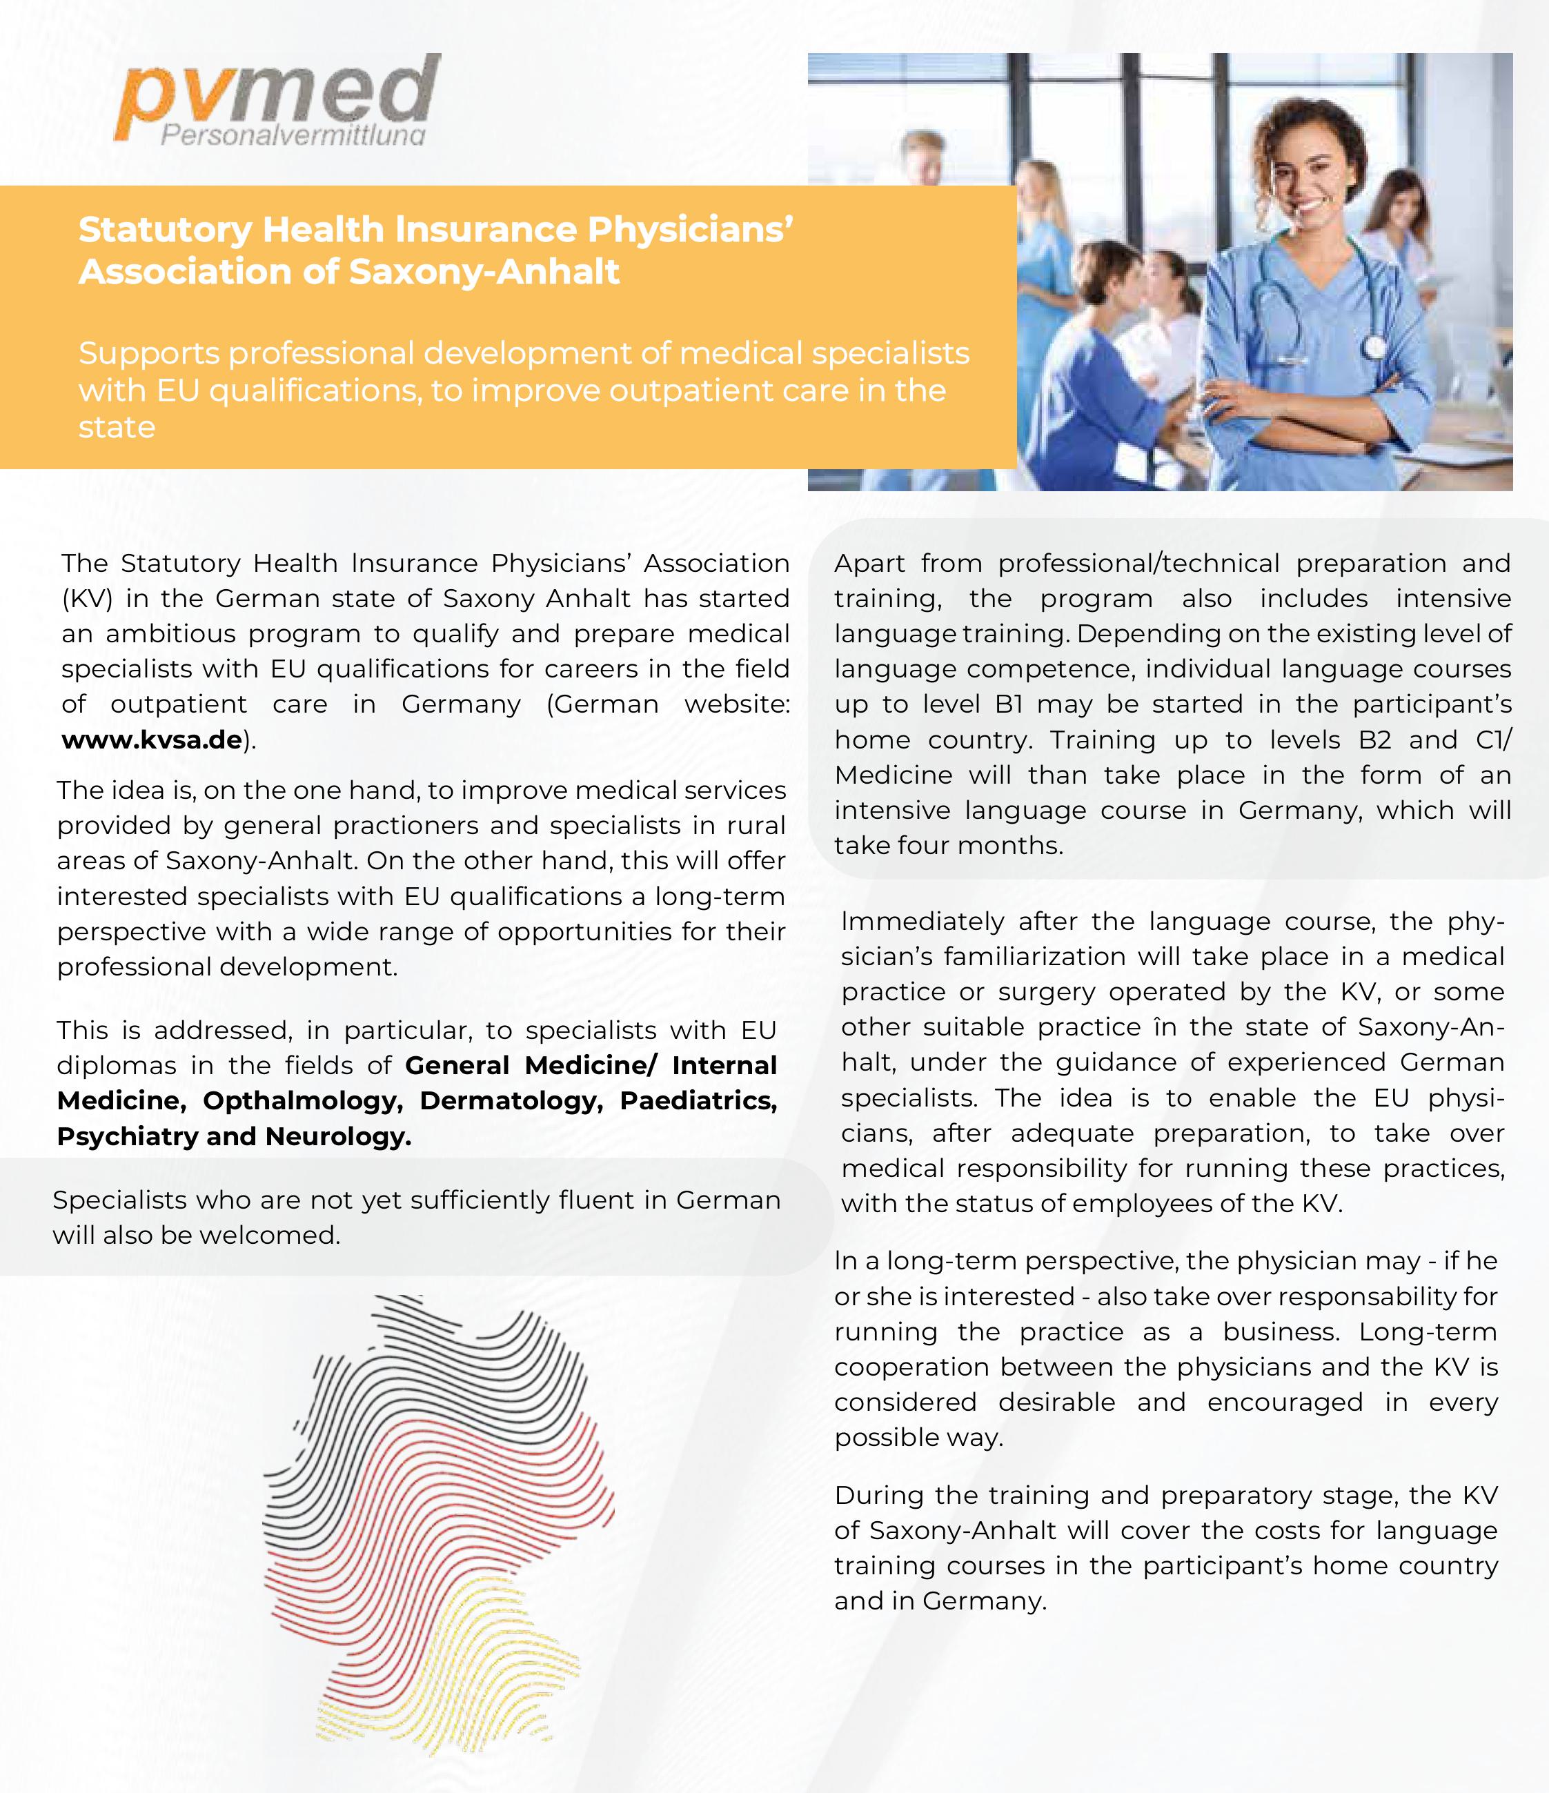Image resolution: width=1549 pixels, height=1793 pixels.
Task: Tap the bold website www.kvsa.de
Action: (151, 740)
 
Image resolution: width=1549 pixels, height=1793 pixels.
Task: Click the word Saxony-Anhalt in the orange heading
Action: (484, 272)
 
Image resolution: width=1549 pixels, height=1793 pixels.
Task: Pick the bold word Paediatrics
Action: (698, 1101)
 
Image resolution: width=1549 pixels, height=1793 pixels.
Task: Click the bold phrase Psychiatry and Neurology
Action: (234, 1136)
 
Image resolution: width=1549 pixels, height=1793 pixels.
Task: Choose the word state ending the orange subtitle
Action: (117, 428)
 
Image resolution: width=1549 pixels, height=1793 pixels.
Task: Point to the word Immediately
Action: (922, 922)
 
